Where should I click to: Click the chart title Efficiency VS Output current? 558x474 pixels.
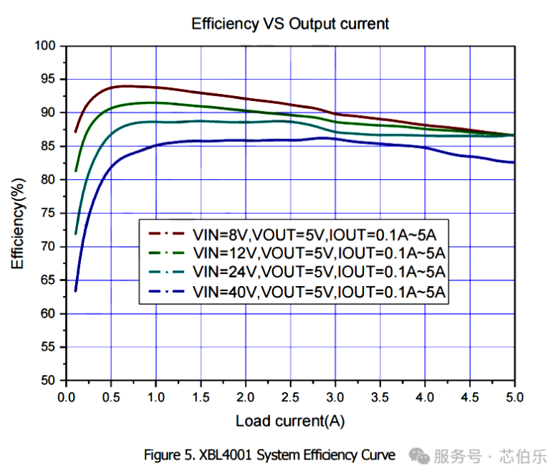[x=290, y=24]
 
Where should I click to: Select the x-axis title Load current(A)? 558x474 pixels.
[x=290, y=421]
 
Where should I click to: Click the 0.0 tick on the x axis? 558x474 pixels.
[x=67, y=397]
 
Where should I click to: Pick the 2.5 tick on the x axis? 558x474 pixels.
[x=290, y=397]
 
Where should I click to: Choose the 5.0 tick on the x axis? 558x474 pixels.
[x=514, y=397]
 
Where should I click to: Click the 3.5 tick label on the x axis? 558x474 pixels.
[x=380, y=397]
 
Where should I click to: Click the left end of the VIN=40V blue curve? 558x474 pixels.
[x=75, y=290]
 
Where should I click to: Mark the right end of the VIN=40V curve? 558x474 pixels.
[x=514, y=162]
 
